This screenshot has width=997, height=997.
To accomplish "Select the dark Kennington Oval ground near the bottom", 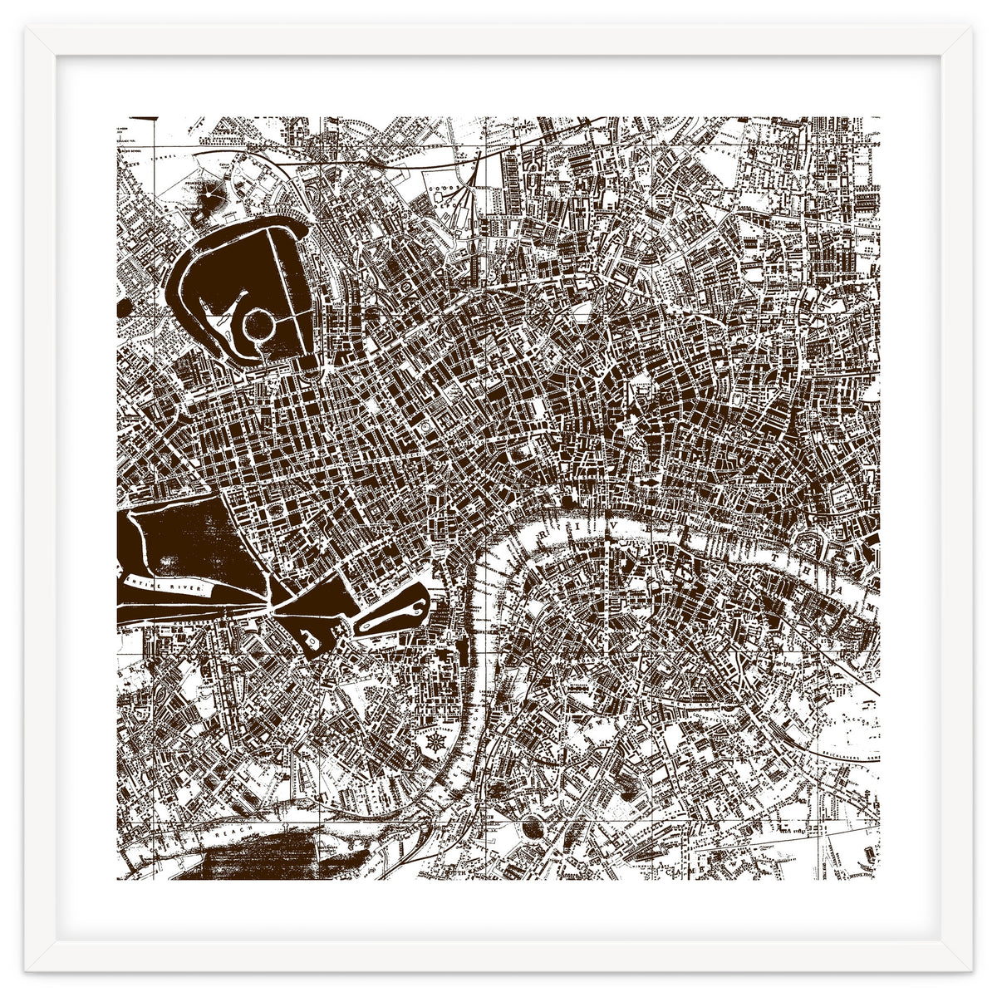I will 532,827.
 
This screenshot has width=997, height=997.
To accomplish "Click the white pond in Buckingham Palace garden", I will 309,640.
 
